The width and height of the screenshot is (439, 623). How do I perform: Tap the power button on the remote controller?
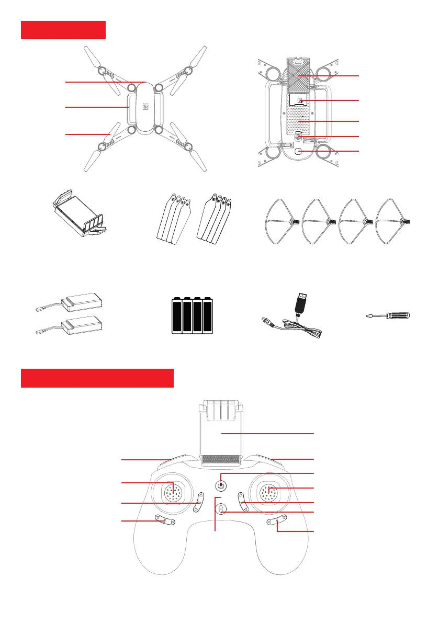221,485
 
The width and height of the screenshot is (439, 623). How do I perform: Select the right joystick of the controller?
269,492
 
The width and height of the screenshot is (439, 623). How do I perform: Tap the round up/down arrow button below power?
222,509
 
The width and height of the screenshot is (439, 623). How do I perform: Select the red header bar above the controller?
97,378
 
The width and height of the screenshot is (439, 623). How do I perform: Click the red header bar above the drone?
63,30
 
